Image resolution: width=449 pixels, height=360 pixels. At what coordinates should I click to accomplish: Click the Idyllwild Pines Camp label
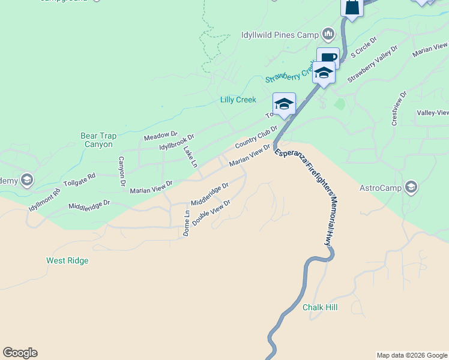280,34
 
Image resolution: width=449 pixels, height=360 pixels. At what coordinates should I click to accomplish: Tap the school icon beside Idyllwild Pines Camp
328,33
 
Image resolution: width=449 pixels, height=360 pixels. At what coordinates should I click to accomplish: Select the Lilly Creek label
238,100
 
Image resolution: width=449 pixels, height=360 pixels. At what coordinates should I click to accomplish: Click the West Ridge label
67,260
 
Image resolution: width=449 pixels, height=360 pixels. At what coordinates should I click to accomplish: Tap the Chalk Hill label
320,307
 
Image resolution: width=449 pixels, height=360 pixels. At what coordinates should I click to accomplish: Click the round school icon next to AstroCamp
411,188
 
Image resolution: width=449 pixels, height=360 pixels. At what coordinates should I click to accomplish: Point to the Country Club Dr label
256,137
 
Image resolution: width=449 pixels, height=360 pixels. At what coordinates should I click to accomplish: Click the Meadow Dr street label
161,137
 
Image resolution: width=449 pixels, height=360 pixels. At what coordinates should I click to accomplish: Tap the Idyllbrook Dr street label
177,143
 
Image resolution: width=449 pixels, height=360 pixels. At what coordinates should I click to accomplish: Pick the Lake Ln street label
190,157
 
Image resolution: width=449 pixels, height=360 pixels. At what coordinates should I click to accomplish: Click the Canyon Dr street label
122,170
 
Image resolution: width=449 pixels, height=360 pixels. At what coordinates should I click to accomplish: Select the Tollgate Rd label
79,179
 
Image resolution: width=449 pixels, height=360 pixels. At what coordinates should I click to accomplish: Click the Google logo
20,353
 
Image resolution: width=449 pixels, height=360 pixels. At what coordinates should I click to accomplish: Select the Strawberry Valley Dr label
372,64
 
